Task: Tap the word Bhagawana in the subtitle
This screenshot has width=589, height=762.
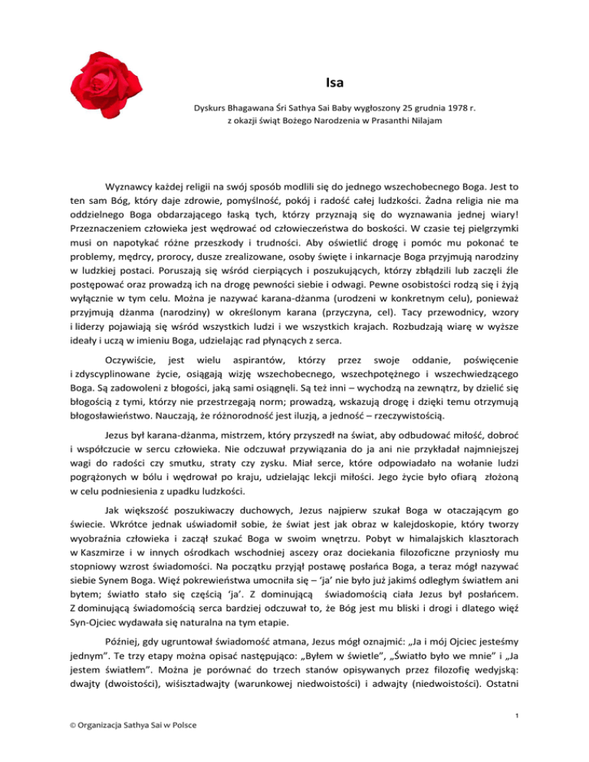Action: [252, 108]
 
